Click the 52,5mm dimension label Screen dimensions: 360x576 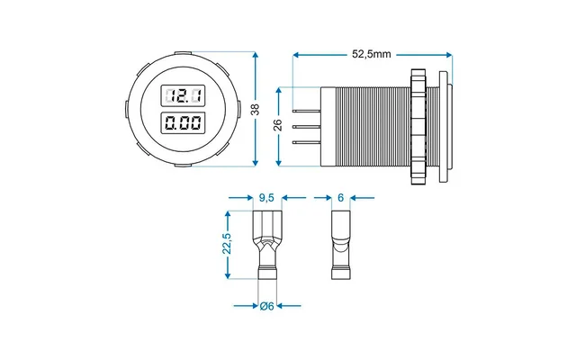coord(371,54)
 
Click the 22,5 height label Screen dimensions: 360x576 coord(229,244)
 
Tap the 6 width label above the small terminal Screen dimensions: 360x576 coord(340,197)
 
